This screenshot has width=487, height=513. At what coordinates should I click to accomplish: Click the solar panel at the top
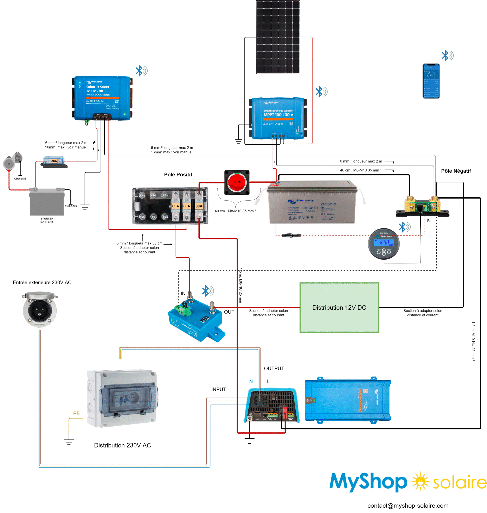coord(278,37)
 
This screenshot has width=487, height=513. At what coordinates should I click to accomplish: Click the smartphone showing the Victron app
coord(431,81)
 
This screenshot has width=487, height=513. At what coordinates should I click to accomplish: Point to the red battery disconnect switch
coord(237,182)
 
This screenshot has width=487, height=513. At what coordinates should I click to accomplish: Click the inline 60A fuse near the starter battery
coord(54,162)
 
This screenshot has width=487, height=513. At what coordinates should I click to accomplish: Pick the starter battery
coord(47,202)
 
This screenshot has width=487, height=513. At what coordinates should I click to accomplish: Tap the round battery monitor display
coord(384,244)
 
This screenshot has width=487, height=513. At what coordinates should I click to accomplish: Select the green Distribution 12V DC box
coord(339,308)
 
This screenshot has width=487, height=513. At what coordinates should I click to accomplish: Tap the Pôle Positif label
coord(178,175)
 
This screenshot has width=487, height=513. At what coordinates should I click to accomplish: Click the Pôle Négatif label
coord(456,171)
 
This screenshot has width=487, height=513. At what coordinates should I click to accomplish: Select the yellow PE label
coord(76,413)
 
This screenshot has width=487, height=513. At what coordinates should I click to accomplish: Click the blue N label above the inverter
coord(251,381)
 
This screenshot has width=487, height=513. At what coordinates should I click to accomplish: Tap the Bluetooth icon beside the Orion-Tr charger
coord(141,71)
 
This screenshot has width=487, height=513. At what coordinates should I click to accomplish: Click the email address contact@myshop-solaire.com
coord(408,505)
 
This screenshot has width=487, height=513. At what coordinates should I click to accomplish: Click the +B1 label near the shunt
coord(428,221)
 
